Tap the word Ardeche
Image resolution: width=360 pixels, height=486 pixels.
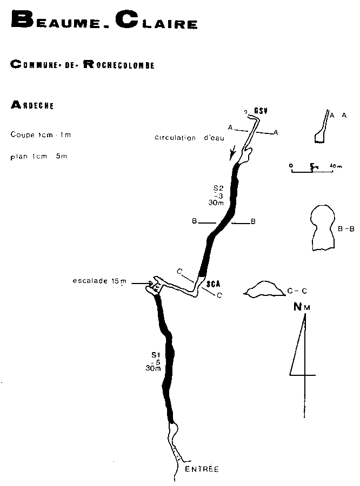pos(32,105)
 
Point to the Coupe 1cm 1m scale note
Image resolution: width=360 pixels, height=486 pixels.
pos(41,134)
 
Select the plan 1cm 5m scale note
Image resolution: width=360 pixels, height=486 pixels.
pos(38,157)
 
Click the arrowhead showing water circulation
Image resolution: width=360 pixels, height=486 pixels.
pos(233,156)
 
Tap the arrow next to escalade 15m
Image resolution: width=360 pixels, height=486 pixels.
pos(145,282)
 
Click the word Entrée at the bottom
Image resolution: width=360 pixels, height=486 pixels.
pos(202,469)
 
